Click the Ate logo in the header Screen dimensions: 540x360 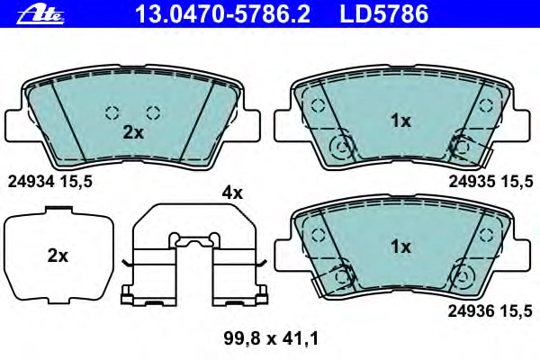click(40, 14)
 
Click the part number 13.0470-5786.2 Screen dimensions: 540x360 click(223, 14)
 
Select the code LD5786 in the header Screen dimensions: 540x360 click(384, 14)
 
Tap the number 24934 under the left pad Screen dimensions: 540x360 click(31, 181)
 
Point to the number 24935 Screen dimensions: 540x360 click(472, 181)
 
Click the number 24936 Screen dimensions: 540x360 click(471, 311)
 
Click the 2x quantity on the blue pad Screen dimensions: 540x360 click(133, 132)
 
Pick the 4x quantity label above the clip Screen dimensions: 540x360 click(232, 193)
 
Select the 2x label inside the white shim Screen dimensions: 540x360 click(58, 256)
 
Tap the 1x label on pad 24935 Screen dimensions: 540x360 click(400, 121)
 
